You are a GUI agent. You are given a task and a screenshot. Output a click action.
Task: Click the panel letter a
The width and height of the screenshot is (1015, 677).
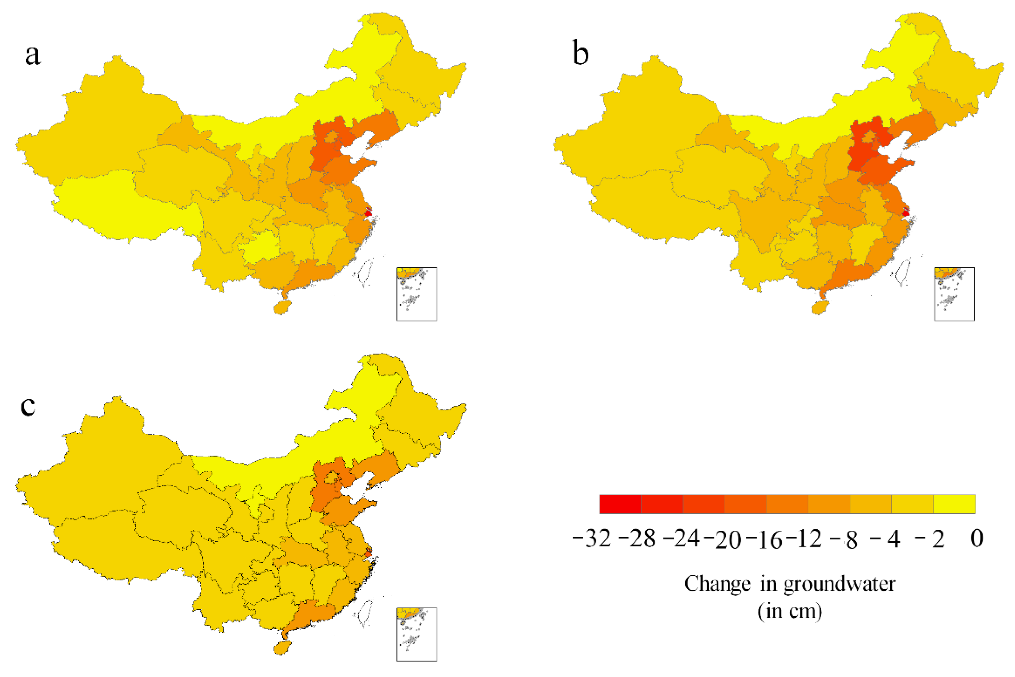(x=33, y=55)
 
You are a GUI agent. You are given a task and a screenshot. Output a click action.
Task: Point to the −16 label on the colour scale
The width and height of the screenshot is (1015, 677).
(x=764, y=540)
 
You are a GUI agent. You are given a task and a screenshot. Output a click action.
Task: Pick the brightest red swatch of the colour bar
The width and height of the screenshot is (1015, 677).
(x=620, y=504)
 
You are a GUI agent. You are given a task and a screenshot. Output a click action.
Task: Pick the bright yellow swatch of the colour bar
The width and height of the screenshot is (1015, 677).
(x=954, y=504)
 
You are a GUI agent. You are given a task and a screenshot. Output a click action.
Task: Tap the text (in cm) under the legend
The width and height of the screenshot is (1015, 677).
(x=790, y=611)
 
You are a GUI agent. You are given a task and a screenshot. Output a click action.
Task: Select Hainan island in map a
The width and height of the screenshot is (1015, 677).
(x=282, y=307)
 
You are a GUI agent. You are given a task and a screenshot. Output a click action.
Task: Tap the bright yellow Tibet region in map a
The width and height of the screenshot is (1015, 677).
(x=125, y=207)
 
